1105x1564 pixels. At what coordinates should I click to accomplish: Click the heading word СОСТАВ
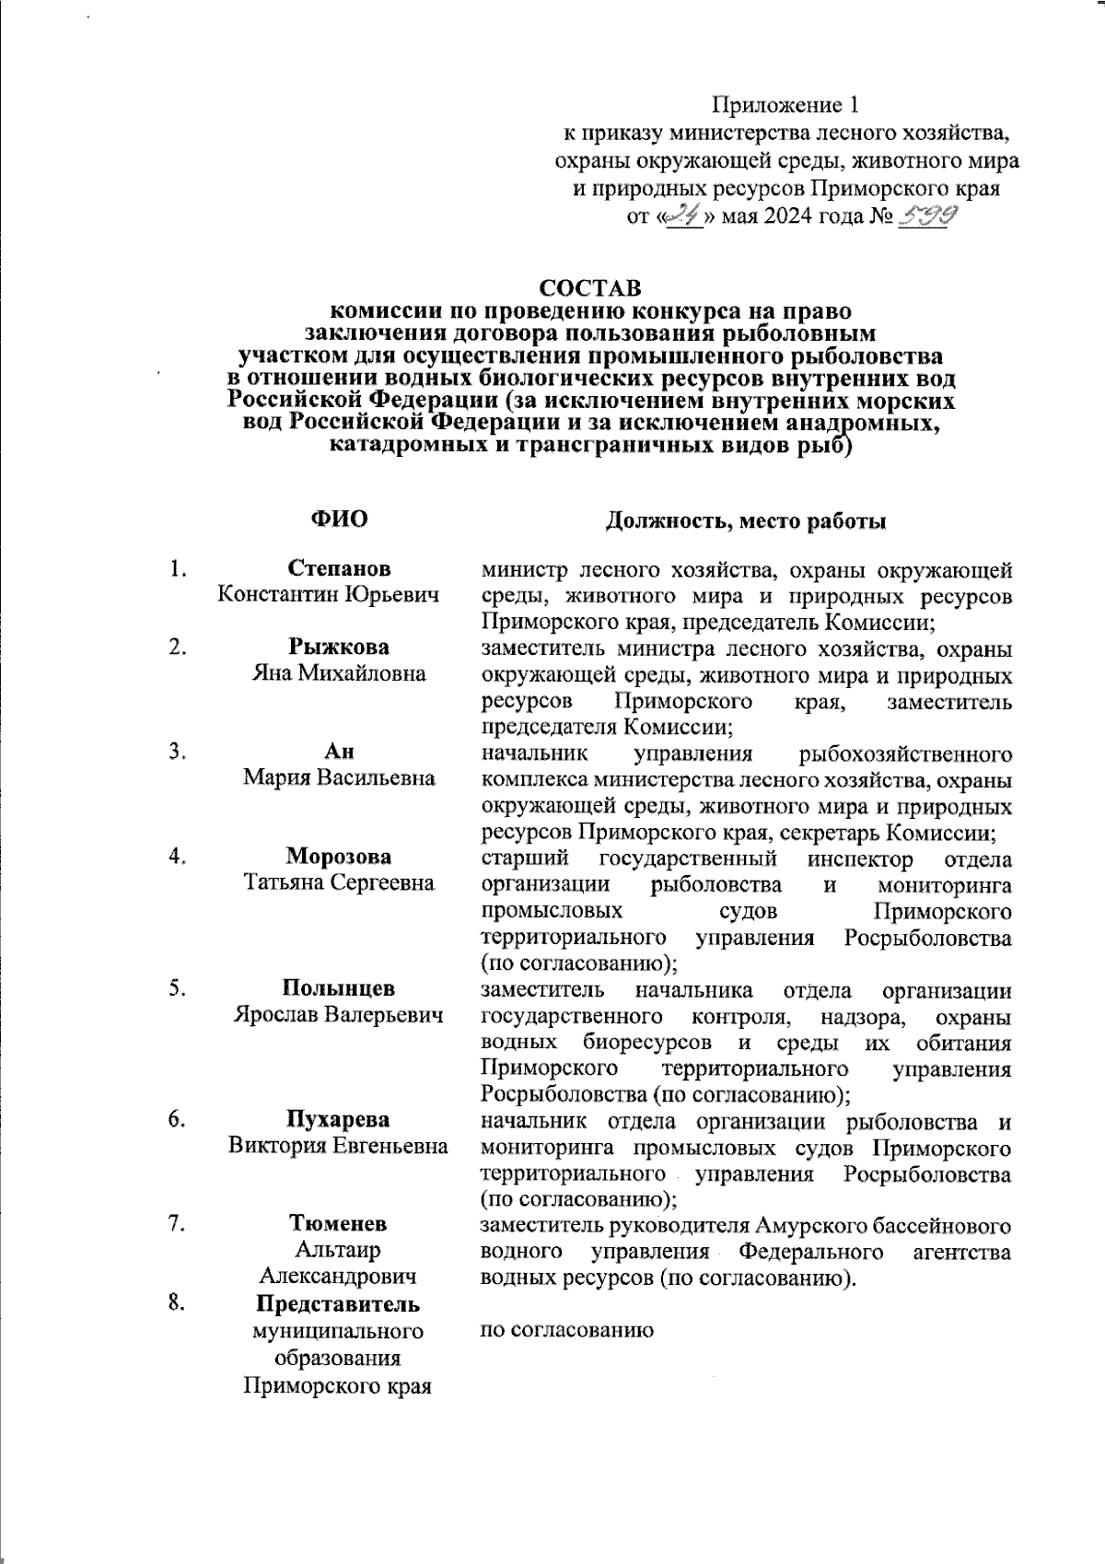pyautogui.click(x=590, y=288)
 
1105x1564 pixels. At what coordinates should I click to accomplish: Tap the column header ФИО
pyautogui.click(x=339, y=519)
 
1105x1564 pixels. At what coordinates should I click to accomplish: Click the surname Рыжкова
pyautogui.click(x=339, y=647)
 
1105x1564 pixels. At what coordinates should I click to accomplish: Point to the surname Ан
pyautogui.click(x=339, y=752)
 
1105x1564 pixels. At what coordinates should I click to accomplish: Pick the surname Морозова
pyautogui.click(x=339, y=857)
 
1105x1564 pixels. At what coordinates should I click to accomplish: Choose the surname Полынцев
pyautogui.click(x=339, y=988)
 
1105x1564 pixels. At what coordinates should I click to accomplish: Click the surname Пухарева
pyautogui.click(x=339, y=1120)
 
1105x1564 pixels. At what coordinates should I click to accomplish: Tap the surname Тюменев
pyautogui.click(x=339, y=1224)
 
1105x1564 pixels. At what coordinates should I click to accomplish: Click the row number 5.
pyautogui.click(x=178, y=988)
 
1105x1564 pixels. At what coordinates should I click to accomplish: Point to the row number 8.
pyautogui.click(x=178, y=1303)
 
